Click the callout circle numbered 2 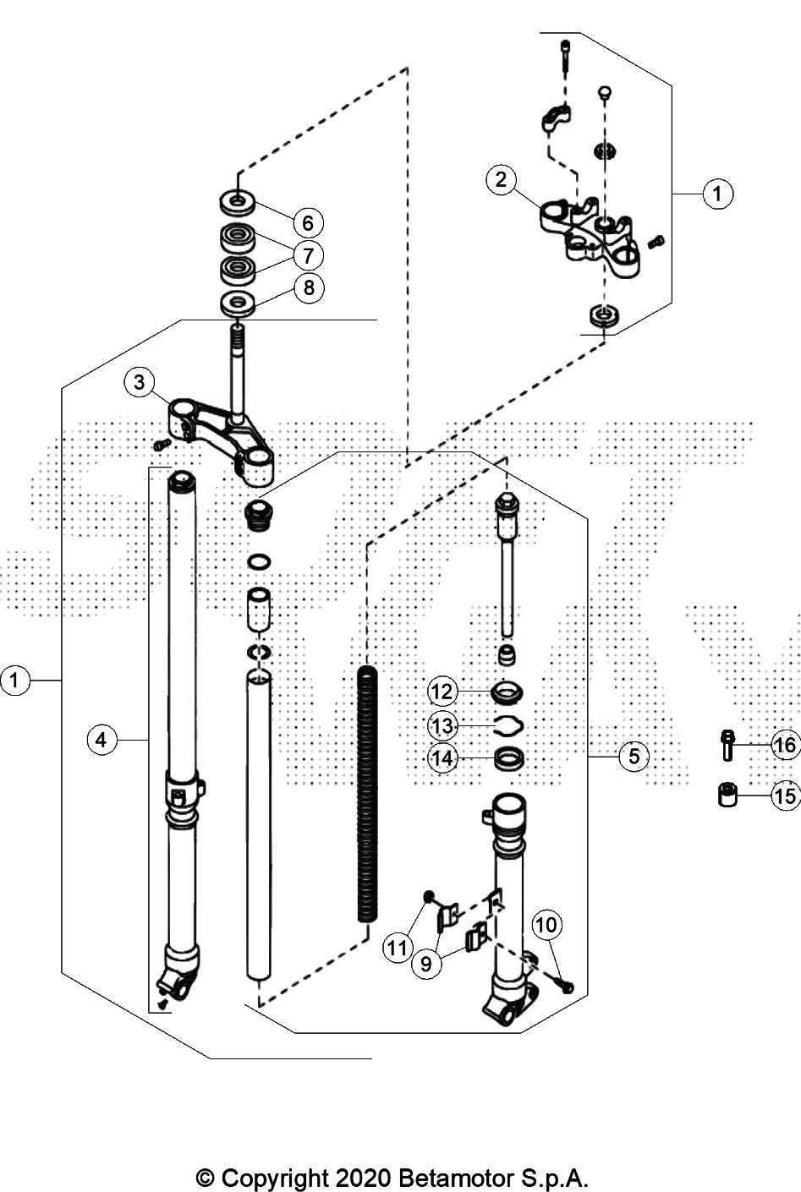pyautogui.click(x=502, y=179)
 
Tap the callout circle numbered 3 pyautogui.click(x=140, y=382)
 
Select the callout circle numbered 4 pyautogui.click(x=101, y=740)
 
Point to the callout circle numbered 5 pyautogui.click(x=634, y=755)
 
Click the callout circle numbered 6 pyautogui.click(x=308, y=222)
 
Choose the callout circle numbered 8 pyautogui.click(x=309, y=287)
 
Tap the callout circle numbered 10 pyautogui.click(x=546, y=926)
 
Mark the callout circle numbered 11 pyautogui.click(x=398, y=948)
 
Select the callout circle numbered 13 pyautogui.click(x=442, y=725)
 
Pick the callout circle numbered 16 pyautogui.click(x=786, y=745)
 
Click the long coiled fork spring pyautogui.click(x=367, y=795)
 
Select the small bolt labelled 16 pyautogui.click(x=727, y=745)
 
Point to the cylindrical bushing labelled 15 pyautogui.click(x=727, y=796)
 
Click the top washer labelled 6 pyautogui.click(x=238, y=202)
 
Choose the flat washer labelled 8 pyautogui.click(x=238, y=302)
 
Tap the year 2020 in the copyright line pyautogui.click(x=363, y=1177)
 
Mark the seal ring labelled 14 pyautogui.click(x=508, y=757)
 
